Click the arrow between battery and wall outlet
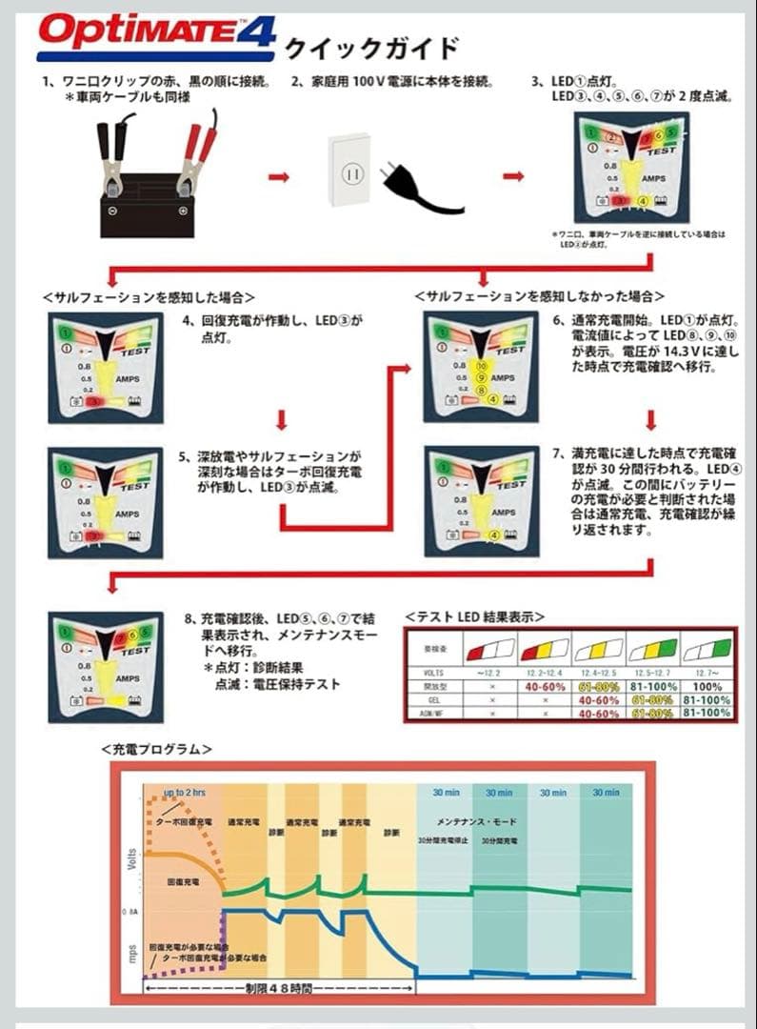[278, 176]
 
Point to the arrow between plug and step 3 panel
[513, 176]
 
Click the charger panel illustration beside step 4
[106, 367]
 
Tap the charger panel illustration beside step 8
[106, 668]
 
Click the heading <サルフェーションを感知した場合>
[149, 296]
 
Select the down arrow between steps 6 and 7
[652, 419]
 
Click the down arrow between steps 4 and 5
[282, 419]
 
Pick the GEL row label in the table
[433, 697]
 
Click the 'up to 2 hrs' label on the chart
[186, 792]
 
